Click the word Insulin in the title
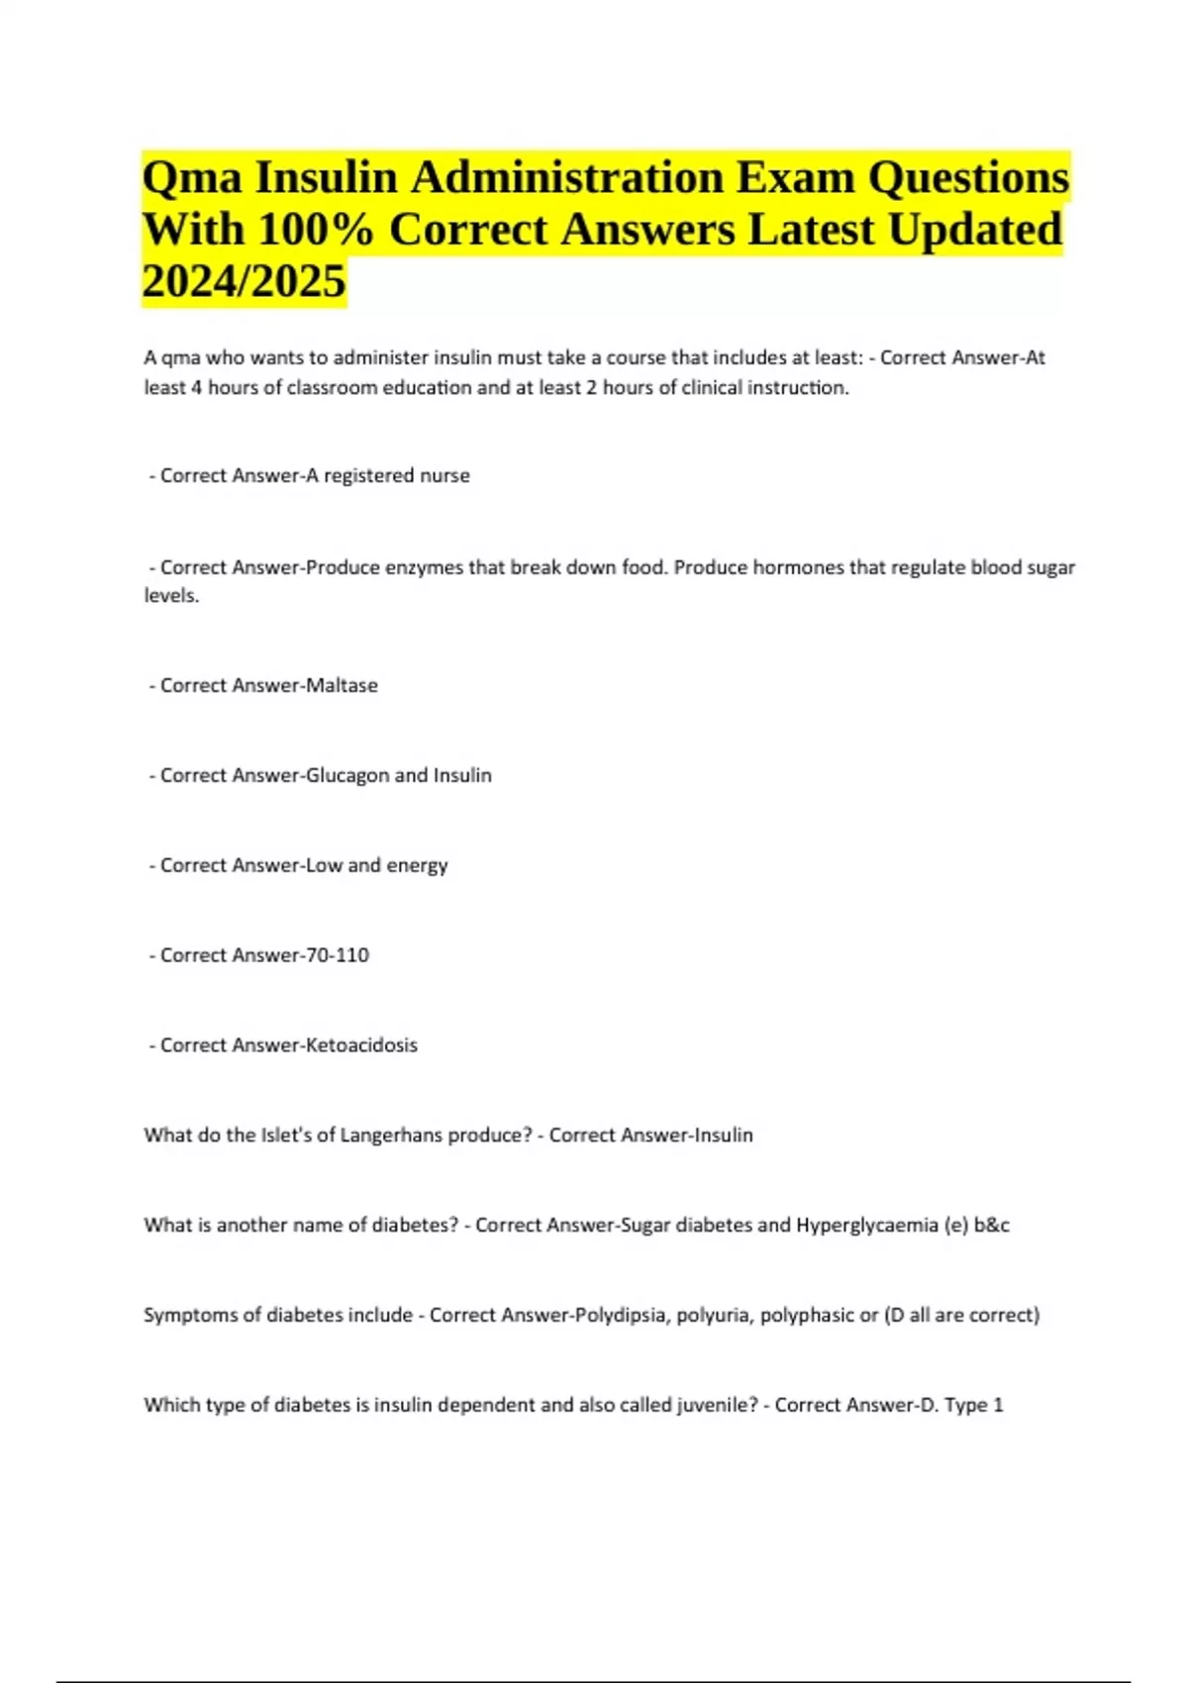pos(326,178)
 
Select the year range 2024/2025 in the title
pos(244,281)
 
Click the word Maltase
pos(342,685)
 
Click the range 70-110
pos(338,955)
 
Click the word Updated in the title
pos(974,230)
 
